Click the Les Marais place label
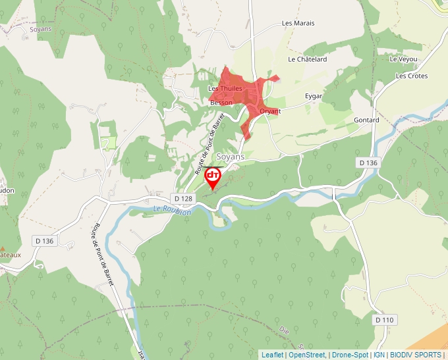(x=298, y=23)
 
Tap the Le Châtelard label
(x=307, y=59)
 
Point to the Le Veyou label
(x=403, y=59)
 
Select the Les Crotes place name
(x=412, y=76)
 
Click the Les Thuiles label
(x=225, y=88)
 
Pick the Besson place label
(x=221, y=103)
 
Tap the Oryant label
(x=270, y=111)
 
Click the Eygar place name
(x=314, y=96)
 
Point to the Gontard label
(x=366, y=120)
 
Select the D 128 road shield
(x=183, y=198)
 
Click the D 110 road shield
(x=385, y=320)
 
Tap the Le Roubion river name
(x=172, y=211)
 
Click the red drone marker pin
(x=213, y=176)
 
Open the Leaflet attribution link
(x=272, y=355)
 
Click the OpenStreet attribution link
(x=307, y=355)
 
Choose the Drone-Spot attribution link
(x=350, y=355)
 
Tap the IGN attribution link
(x=379, y=355)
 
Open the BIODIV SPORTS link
(x=416, y=355)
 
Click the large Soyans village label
(x=231, y=157)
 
